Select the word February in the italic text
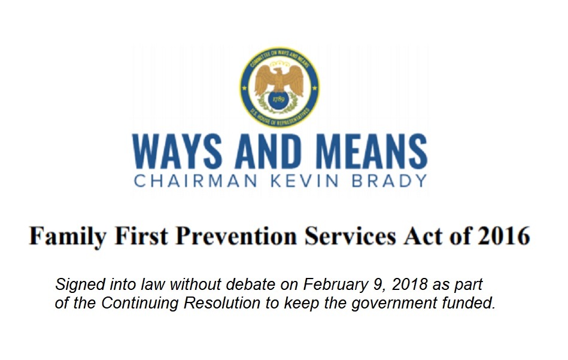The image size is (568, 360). [330, 284]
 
